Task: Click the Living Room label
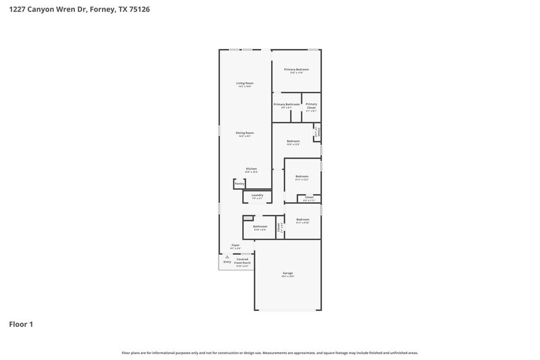(x=245, y=83)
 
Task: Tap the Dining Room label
(x=245, y=133)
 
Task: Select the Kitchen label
(x=252, y=168)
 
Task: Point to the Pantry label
(x=239, y=183)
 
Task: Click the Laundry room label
(x=257, y=195)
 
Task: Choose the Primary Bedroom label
(x=296, y=70)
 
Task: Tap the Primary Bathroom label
(x=287, y=104)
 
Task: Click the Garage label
(x=288, y=273)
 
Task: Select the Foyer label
(x=235, y=245)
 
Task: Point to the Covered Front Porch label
(x=242, y=261)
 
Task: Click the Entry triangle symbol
(x=227, y=257)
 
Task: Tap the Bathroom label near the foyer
(x=260, y=227)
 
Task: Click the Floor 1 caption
(x=21, y=324)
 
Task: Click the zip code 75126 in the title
(x=138, y=10)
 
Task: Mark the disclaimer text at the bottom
(x=269, y=353)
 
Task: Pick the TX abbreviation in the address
(x=121, y=10)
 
